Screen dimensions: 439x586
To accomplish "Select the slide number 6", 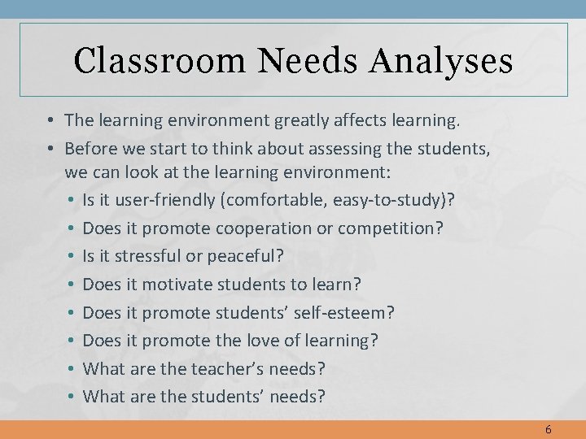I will point(548,429).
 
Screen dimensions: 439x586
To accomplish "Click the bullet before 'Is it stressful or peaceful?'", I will point(72,256).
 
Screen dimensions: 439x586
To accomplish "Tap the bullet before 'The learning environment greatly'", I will point(50,121).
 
